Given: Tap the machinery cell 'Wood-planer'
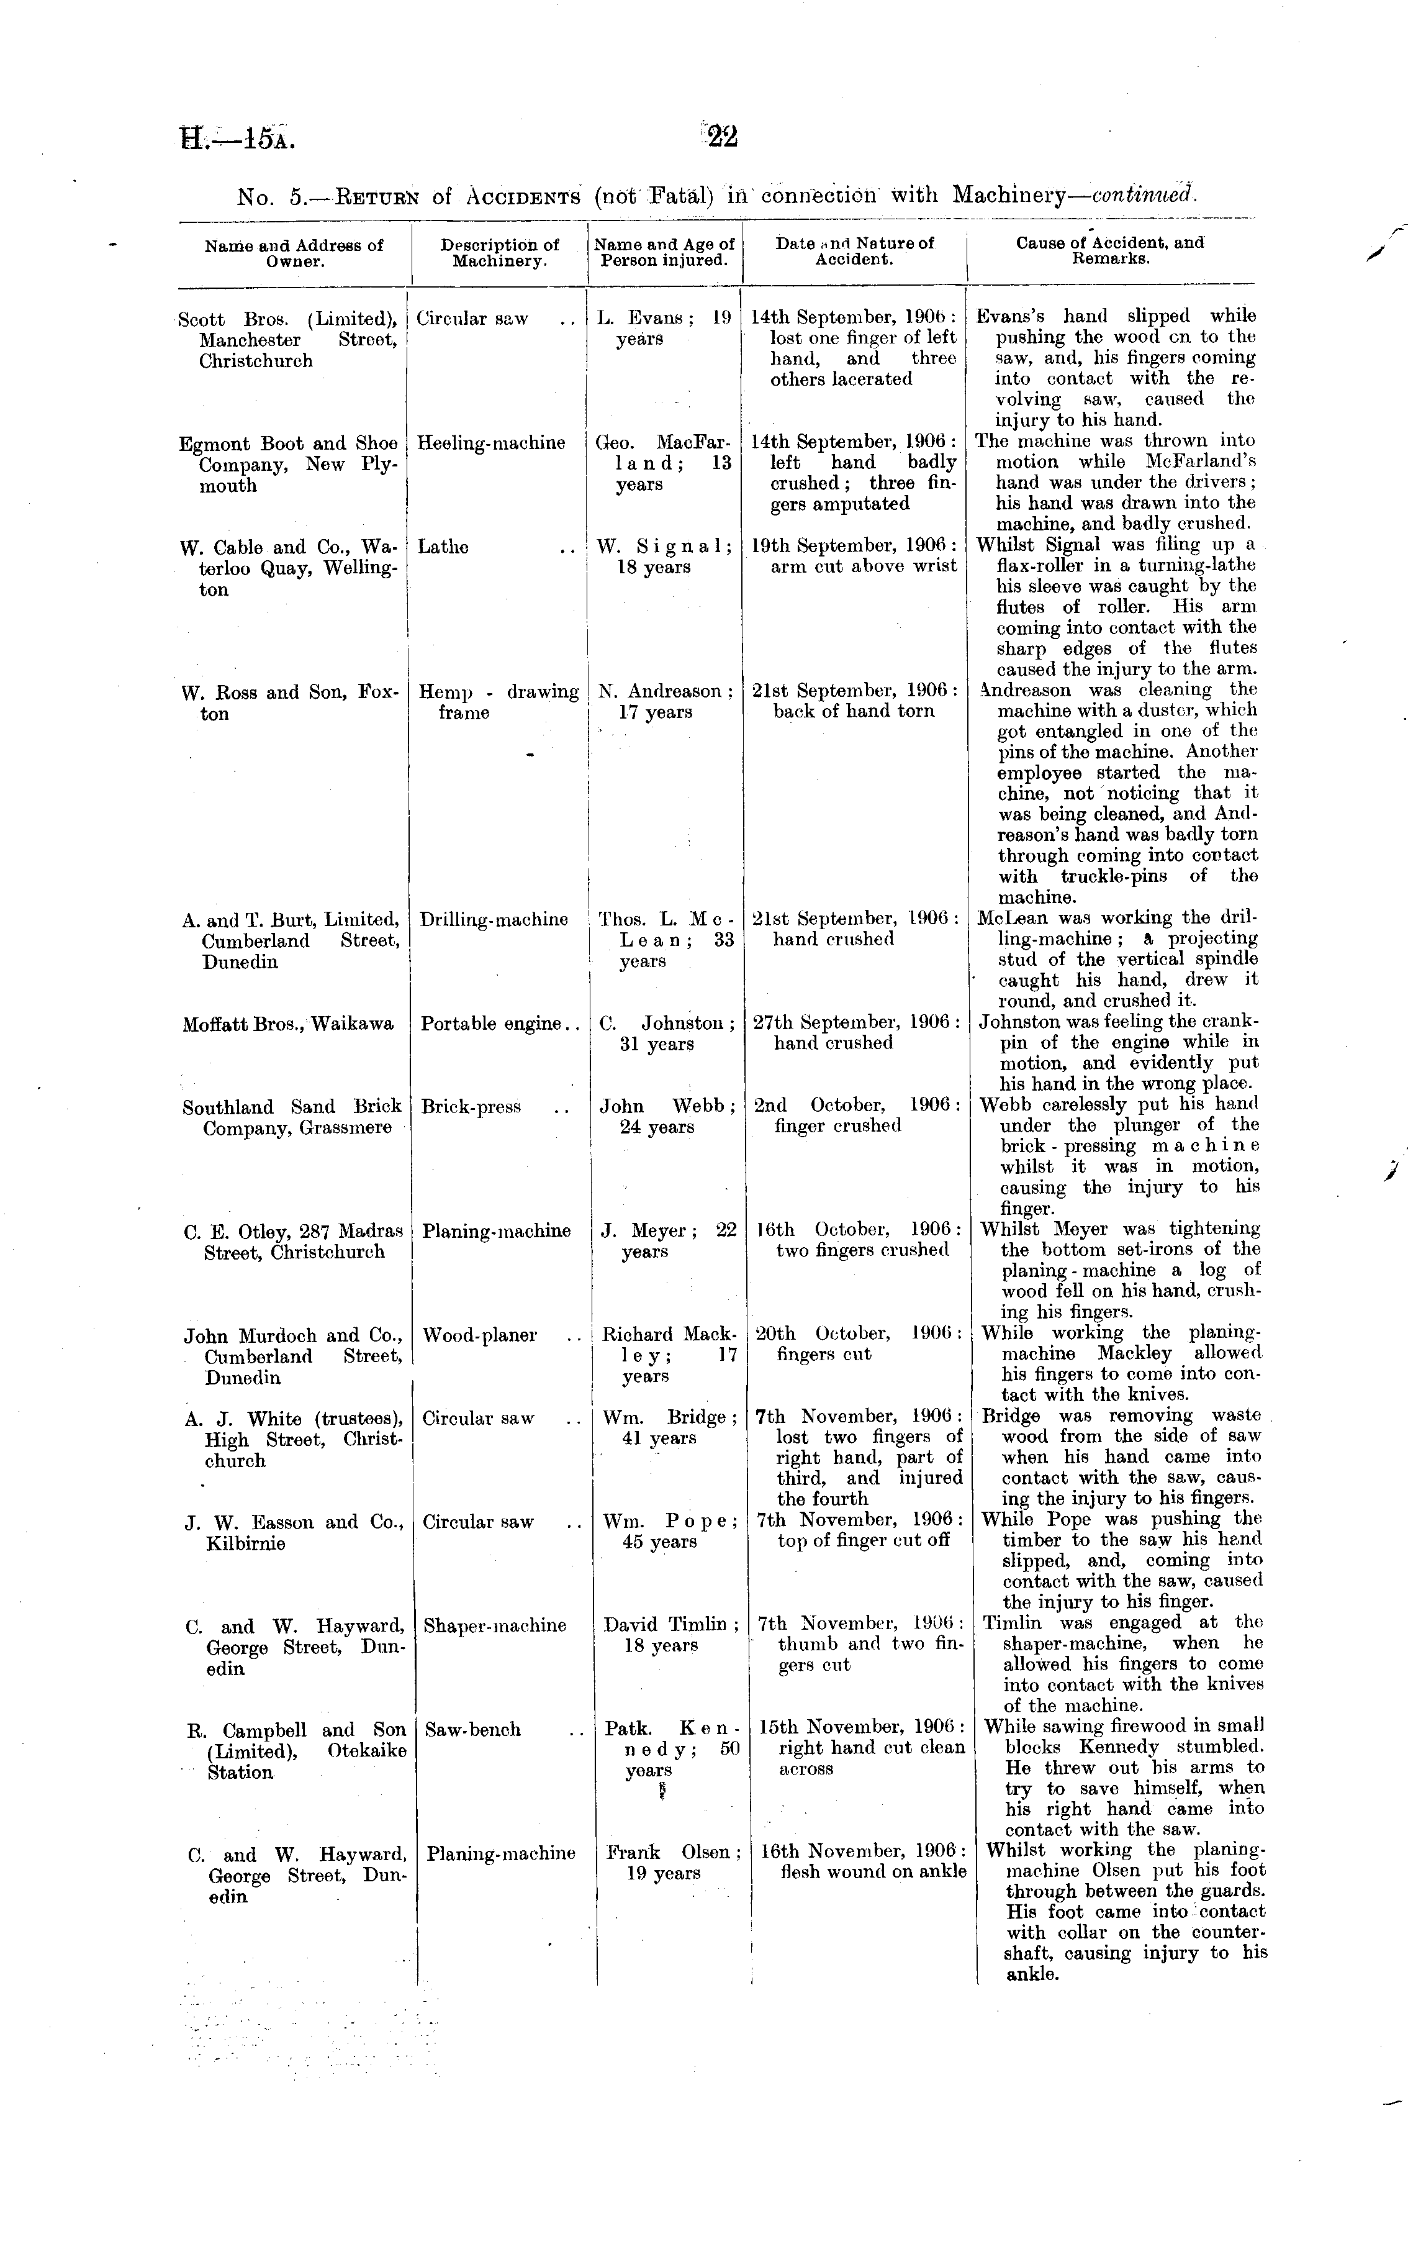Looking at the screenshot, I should pyautogui.click(x=479, y=1335).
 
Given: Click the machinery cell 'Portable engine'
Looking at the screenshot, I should pyautogui.click(x=490, y=1024).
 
